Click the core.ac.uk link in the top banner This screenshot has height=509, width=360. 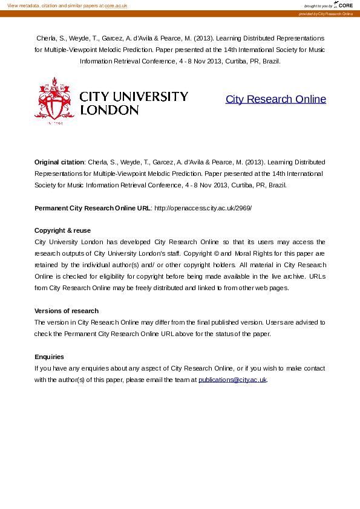tap(116, 5)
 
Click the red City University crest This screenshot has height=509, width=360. tap(54, 101)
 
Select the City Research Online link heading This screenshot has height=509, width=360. tap(275, 99)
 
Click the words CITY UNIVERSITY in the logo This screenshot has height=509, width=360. tap(134, 97)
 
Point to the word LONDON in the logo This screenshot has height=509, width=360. tap(110, 111)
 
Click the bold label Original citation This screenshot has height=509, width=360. tap(59, 162)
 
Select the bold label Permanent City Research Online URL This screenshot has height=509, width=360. tap(93, 208)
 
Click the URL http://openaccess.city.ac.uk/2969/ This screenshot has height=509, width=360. tap(203, 208)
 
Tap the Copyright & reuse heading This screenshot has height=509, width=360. tap(62, 231)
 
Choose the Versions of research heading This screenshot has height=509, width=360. tap(66, 311)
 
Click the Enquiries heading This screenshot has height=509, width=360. tap(49, 357)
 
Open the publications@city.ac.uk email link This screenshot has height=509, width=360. tap(232, 380)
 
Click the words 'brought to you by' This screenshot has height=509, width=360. tap(318, 6)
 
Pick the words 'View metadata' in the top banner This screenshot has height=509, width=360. tap(21, 5)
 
